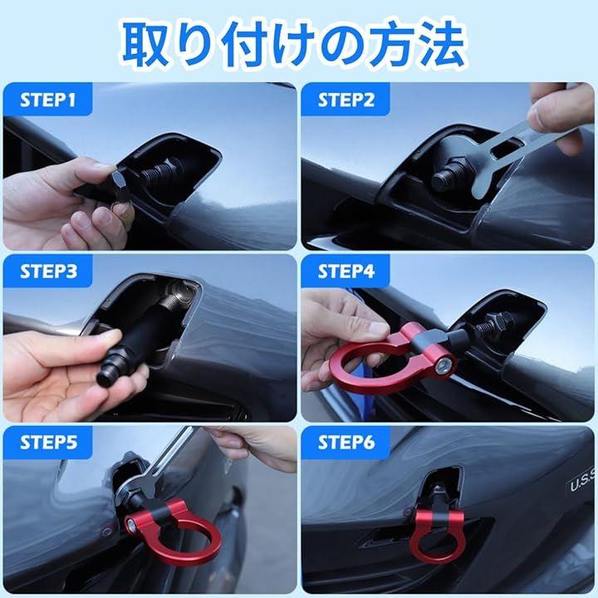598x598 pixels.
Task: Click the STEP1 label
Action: [48, 100]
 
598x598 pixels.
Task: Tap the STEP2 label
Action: [346, 100]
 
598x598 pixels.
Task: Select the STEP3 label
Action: [48, 271]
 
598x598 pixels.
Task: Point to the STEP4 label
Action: [346, 271]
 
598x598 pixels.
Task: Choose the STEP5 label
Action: [48, 443]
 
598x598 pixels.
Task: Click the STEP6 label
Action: [346, 443]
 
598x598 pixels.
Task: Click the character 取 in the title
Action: [145, 44]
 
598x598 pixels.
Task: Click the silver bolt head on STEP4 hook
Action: [444, 365]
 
